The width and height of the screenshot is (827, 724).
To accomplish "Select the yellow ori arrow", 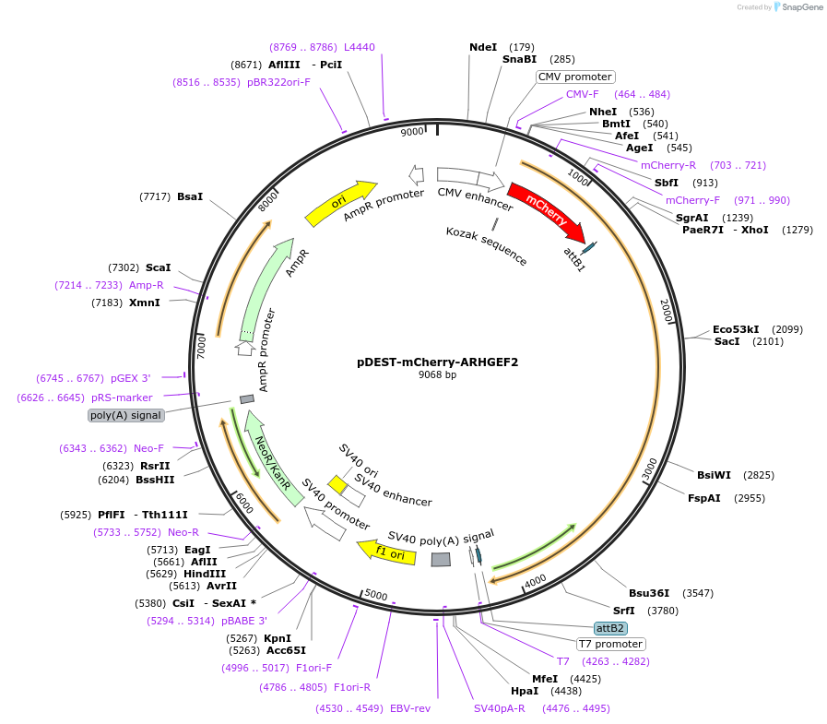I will (x=340, y=203).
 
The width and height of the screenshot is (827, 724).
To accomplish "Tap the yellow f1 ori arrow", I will (x=384, y=552).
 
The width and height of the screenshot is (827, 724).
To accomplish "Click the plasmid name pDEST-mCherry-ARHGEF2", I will (x=438, y=362).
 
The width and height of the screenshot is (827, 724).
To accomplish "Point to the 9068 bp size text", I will (x=438, y=375).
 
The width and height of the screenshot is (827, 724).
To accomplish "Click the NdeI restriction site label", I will (x=483, y=47).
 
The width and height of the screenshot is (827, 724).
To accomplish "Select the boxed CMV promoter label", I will (x=575, y=77).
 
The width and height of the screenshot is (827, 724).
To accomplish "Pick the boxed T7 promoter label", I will (x=611, y=644).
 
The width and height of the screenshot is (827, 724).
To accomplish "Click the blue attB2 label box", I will (x=611, y=628).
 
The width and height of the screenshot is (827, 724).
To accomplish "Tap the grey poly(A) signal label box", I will (x=126, y=415).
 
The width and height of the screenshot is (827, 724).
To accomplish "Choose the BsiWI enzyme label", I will (x=714, y=475).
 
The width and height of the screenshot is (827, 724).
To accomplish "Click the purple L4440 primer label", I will (x=360, y=47).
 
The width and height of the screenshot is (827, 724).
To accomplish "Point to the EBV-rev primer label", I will (x=410, y=708).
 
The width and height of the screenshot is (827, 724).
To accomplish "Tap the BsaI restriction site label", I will (x=190, y=196).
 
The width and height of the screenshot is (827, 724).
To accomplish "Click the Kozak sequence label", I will (x=487, y=246).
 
